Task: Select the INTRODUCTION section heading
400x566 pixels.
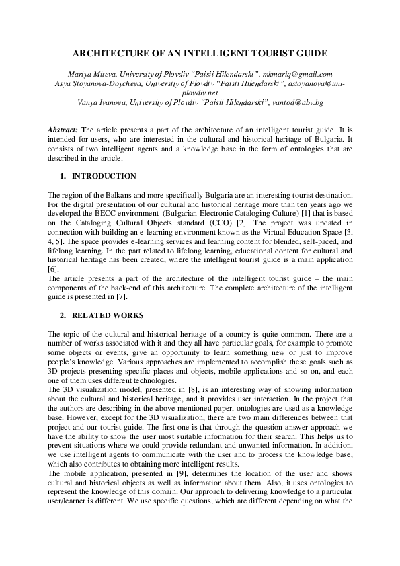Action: point(104,176)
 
